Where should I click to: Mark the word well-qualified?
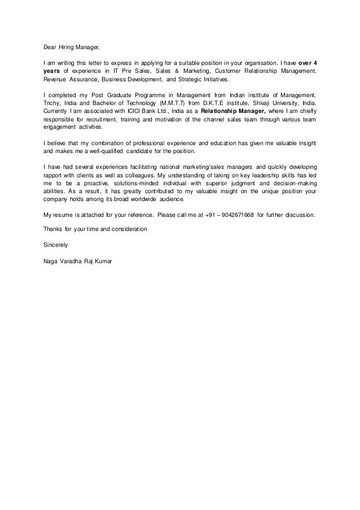click(107, 152)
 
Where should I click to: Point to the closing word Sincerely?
click(55, 246)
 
